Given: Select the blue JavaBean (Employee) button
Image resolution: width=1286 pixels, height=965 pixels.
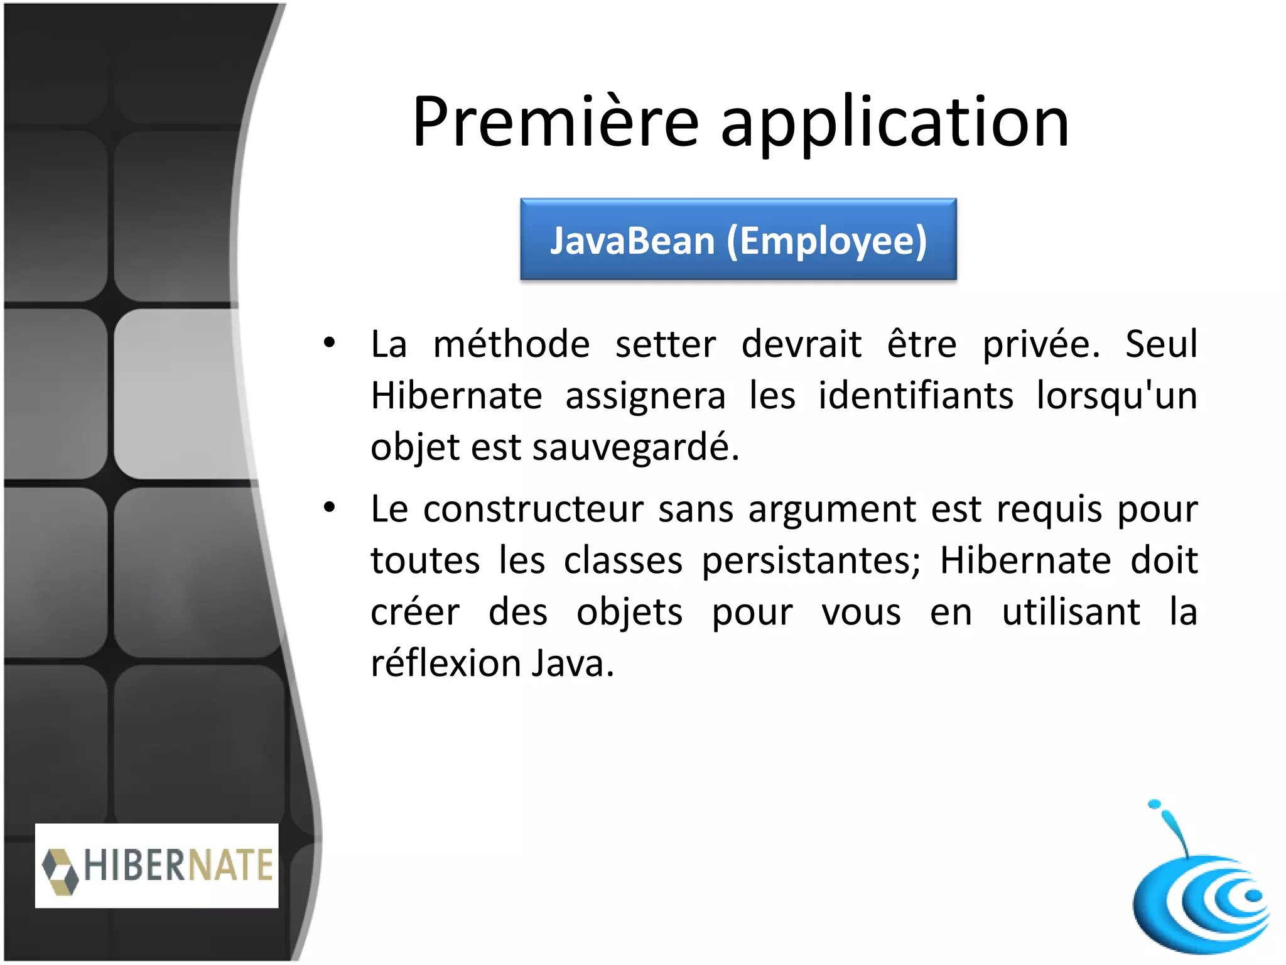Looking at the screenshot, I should point(738,239).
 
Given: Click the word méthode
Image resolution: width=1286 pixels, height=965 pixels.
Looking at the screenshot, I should point(511,344).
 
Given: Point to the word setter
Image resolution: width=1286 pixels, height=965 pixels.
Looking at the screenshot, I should point(665,344).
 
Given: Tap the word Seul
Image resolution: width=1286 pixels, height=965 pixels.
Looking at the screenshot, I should point(1161,344).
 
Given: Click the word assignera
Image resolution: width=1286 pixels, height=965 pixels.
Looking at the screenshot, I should point(646,396).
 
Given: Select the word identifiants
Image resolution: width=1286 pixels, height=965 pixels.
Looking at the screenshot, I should point(916,396).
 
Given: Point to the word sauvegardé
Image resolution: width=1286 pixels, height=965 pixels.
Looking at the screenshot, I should point(635,447).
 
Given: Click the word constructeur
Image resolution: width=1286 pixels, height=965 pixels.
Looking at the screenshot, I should point(533,509).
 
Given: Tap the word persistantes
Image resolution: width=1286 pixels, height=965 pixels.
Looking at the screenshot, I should point(811,560).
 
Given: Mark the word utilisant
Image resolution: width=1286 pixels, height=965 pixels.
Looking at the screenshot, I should point(1071,612).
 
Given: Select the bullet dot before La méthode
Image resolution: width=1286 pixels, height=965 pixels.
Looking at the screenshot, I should point(329,343).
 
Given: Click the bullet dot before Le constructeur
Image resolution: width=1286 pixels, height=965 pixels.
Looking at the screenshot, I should point(329,508).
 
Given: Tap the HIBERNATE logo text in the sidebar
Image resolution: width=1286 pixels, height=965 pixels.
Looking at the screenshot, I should point(178,865).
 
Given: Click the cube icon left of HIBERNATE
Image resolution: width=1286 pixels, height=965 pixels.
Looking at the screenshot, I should point(61,870).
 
